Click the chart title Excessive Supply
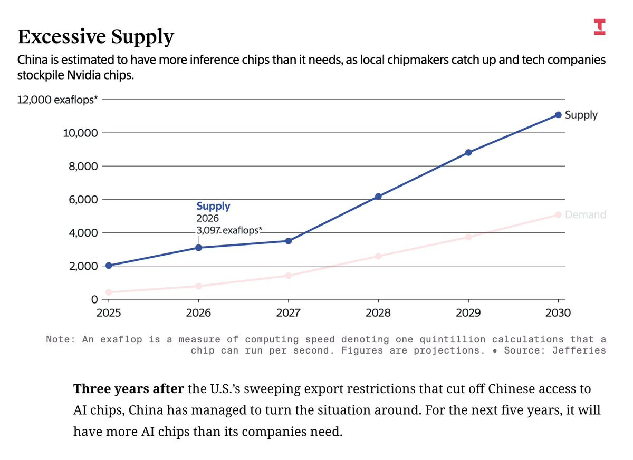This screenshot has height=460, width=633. [x=95, y=37]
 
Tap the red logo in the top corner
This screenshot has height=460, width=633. [x=599, y=27]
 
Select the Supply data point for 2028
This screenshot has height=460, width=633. [x=378, y=197]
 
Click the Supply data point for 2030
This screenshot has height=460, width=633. [x=558, y=115]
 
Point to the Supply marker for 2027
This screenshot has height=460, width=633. [x=289, y=241]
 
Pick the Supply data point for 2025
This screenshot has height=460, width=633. [x=109, y=266]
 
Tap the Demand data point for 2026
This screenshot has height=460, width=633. [x=198, y=286]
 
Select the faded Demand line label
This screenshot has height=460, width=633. [x=585, y=214]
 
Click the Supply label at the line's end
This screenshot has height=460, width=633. [x=581, y=115]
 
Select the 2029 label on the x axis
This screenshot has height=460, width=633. [x=468, y=312]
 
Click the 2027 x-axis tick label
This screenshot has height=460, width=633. [x=289, y=312]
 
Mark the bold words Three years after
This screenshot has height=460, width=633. [x=128, y=390]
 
